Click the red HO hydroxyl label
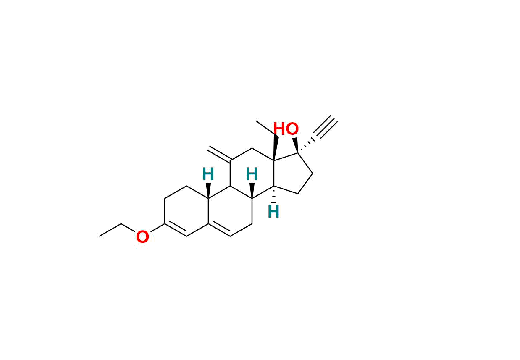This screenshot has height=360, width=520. (x=286, y=129)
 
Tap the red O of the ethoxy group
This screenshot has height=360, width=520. (x=142, y=237)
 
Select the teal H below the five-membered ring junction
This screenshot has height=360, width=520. (x=273, y=211)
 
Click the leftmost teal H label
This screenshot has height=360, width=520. (x=208, y=174)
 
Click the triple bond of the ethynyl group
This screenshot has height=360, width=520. (x=326, y=127)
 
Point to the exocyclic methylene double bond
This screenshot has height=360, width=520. (x=219, y=154)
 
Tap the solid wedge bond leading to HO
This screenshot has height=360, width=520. (x=295, y=145)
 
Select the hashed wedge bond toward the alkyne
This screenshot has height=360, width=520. (x=306, y=146)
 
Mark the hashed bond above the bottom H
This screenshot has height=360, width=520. (x=274, y=194)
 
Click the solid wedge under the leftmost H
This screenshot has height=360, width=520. (x=208, y=191)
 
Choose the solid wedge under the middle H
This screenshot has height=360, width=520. (x=252, y=191)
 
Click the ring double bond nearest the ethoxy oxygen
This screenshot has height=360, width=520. (x=176, y=229)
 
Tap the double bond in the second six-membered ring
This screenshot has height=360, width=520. (x=219, y=229)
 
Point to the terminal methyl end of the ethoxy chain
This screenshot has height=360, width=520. (x=100, y=236)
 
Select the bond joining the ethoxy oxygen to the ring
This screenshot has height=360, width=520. (x=158, y=228)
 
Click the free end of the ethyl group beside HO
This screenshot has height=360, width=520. (x=256, y=121)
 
